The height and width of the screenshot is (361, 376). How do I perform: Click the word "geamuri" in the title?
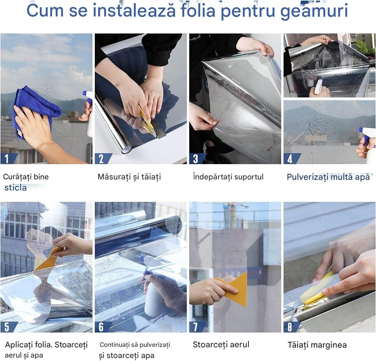pyautogui.click(x=314, y=11)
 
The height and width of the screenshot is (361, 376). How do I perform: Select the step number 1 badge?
pyautogui.click(x=7, y=159)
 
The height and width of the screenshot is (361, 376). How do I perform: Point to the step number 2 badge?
pyautogui.click(x=101, y=159)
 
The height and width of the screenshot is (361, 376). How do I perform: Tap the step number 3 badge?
pyautogui.click(x=196, y=159)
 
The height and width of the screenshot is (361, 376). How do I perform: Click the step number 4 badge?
pyautogui.click(x=290, y=159)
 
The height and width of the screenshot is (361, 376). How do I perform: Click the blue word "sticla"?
pyautogui.click(x=15, y=187)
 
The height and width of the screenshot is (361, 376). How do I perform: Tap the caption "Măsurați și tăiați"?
pyautogui.click(x=129, y=177)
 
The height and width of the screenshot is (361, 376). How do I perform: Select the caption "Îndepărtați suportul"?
pyautogui.click(x=228, y=177)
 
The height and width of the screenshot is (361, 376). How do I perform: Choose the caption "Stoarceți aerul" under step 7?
pyautogui.click(x=221, y=345)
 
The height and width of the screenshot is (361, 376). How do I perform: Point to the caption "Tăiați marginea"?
pyautogui.click(x=317, y=345)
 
